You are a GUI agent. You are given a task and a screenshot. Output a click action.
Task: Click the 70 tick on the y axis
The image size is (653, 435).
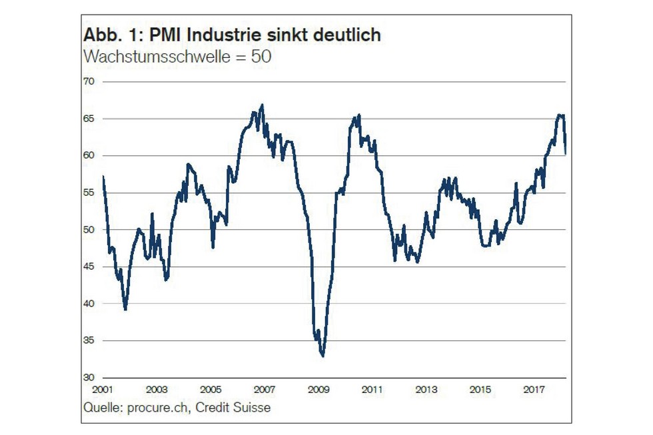coord(89,81)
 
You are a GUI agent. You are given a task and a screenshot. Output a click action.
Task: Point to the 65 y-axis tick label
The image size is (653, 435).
coord(89,119)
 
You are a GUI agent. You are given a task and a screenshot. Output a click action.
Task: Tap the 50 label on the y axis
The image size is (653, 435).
coord(89,230)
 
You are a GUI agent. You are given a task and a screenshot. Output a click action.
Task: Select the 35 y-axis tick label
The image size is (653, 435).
coord(89,341)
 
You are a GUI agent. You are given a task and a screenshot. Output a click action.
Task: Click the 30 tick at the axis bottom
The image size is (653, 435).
coord(89,378)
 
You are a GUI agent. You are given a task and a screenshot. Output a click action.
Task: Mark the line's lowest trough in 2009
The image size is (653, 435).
coord(323,356)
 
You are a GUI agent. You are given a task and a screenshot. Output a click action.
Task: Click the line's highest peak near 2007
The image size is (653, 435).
coord(263,105)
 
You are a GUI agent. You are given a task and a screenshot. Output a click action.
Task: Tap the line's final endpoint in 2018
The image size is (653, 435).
coord(566,154)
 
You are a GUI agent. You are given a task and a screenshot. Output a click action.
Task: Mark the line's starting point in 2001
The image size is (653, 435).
coord(103,176)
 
